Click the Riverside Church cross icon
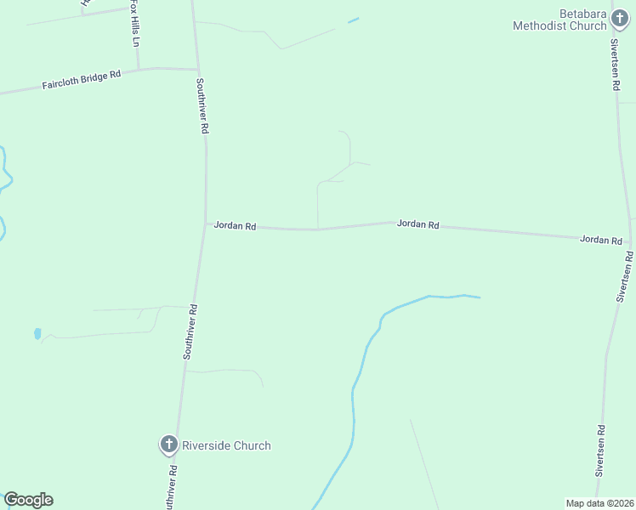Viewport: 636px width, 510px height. pos(168,445)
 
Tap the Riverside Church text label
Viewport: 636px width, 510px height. pos(226,445)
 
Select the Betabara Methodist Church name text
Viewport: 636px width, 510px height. pos(559,20)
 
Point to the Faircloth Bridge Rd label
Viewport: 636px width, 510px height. pos(82,81)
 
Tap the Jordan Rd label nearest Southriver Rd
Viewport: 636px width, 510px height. pos(235,225)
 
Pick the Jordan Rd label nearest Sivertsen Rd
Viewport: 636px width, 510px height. pos(600,240)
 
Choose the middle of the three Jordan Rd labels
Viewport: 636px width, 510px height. pos(417,224)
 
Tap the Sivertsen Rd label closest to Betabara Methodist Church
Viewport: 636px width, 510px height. pos(614,64)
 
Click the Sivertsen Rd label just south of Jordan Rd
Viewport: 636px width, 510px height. pos(626,277)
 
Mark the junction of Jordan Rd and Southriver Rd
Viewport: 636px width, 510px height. pos(205,224)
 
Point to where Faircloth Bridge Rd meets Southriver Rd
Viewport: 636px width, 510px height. pos(198,70)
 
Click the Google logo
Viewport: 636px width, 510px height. pos(28,500)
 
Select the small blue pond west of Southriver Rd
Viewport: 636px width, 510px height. pos(37,333)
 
